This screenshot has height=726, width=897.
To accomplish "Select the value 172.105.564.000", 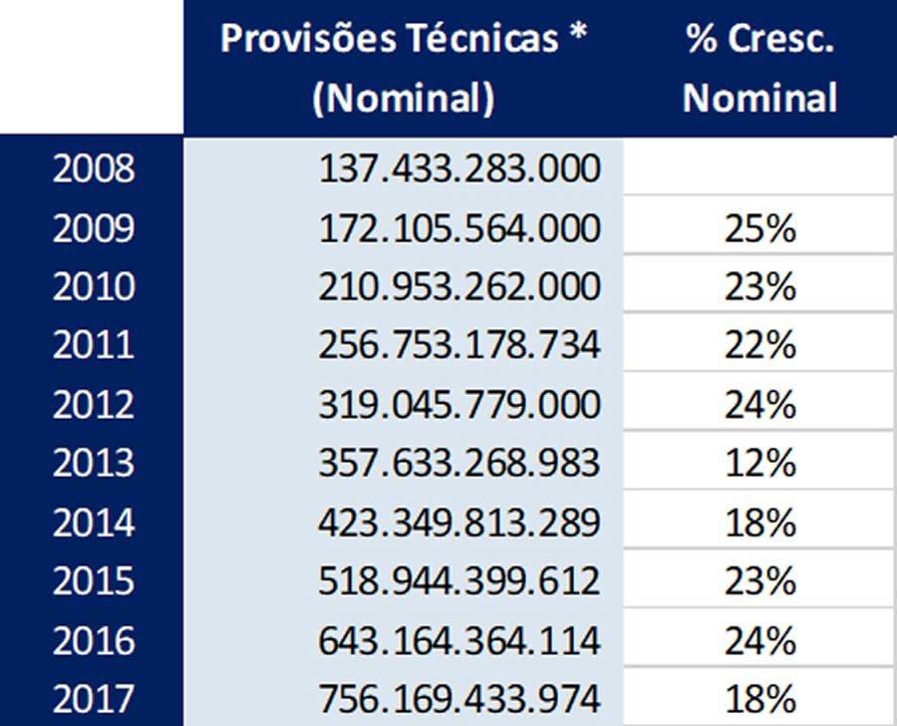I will [x=459, y=229].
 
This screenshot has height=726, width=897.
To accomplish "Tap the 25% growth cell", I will [x=760, y=230].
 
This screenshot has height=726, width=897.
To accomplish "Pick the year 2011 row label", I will [x=93, y=345].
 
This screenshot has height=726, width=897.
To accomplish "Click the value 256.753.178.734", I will [x=459, y=345].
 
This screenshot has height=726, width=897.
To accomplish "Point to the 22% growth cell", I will [x=760, y=346].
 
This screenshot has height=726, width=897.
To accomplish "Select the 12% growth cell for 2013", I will [x=760, y=464].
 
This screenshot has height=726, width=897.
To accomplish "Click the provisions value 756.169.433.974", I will [x=459, y=697].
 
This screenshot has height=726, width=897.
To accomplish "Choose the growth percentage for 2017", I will [x=760, y=697].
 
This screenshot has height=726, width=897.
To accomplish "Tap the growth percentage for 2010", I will [x=760, y=288].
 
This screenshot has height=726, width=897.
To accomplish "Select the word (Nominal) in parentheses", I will [x=403, y=99].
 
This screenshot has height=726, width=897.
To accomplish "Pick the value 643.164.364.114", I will [x=459, y=639].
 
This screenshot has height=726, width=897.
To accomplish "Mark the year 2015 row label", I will [x=93, y=580].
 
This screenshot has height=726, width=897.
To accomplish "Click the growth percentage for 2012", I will [x=760, y=405].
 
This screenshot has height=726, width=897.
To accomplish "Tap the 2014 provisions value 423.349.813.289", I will [x=459, y=523].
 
